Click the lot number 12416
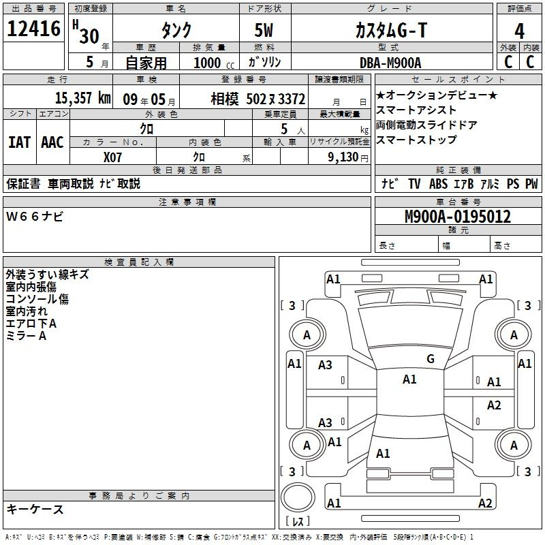coord(34,31)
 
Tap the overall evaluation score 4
coord(519,31)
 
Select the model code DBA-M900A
coord(390,63)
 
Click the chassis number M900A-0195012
coord(457,217)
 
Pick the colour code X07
coord(113,156)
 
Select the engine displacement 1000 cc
coord(208,63)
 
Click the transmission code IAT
coord(19,142)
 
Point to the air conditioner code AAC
coord(52,142)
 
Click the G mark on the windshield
coord(431,359)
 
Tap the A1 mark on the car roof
coord(409,379)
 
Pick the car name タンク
coord(175,31)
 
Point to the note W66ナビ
coord(35,216)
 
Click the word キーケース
coord(35,509)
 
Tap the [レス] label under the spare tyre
coord(298,522)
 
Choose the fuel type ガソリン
coord(268,63)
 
